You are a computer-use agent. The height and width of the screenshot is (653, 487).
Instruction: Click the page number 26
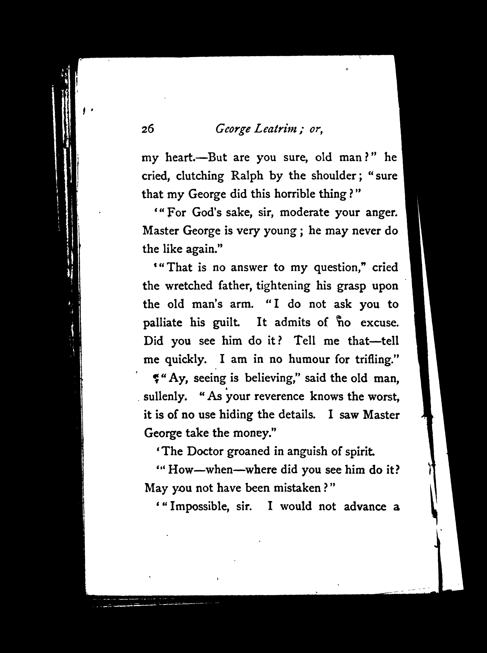tap(148, 129)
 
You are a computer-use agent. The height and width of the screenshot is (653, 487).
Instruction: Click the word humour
tap(309, 359)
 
